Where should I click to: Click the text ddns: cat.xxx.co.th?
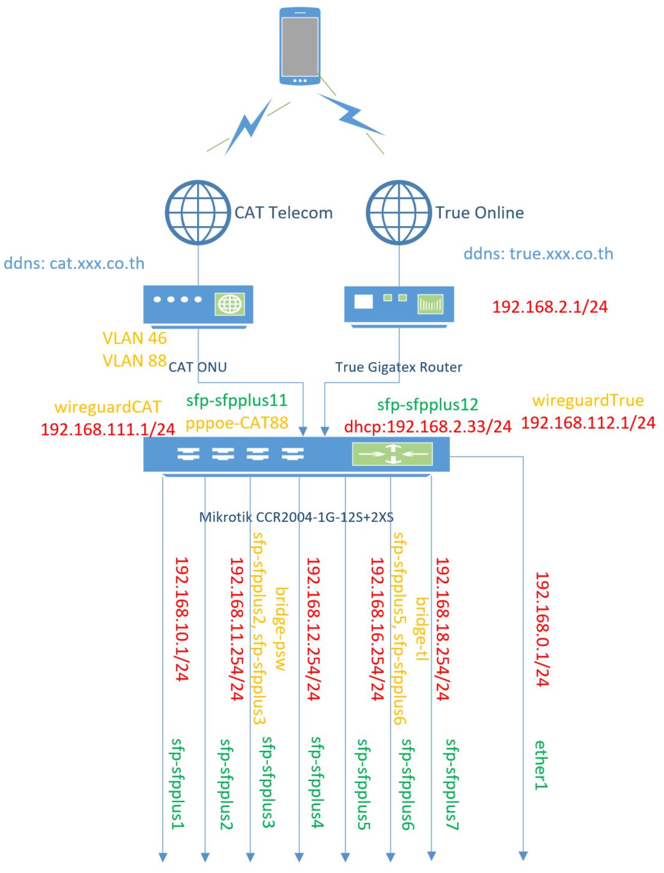click(x=75, y=263)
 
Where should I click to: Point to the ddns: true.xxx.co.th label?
click(x=538, y=253)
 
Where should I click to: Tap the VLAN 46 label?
click(x=134, y=338)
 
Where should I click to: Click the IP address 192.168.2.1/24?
click(x=550, y=307)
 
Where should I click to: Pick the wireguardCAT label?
click(x=108, y=407)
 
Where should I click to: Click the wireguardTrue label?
click(x=588, y=400)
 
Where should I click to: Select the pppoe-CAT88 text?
click(x=237, y=423)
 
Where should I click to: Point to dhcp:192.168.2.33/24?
click(x=427, y=426)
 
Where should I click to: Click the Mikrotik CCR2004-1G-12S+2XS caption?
click(x=296, y=516)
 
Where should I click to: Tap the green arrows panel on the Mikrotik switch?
click(x=392, y=454)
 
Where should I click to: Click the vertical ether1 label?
click(x=542, y=764)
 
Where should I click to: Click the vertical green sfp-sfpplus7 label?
click(x=452, y=785)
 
